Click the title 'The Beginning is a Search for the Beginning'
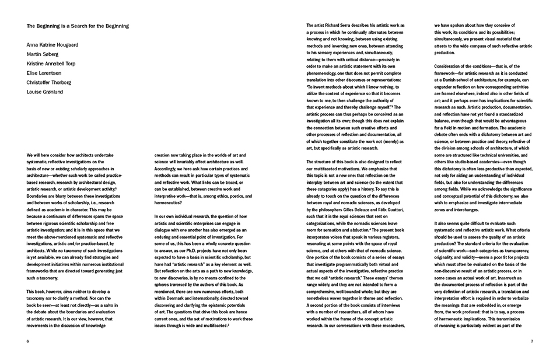(78, 26)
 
